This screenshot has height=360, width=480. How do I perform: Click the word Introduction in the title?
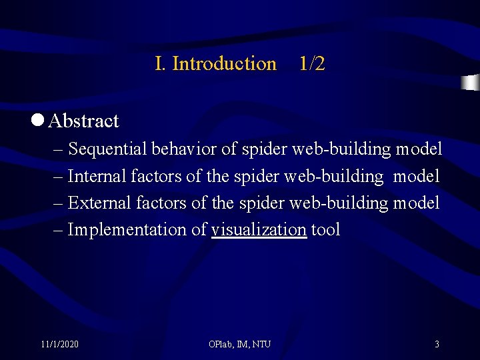click(x=224, y=64)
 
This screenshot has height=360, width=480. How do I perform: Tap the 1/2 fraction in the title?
click(x=312, y=64)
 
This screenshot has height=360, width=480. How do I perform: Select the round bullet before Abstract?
click(x=37, y=120)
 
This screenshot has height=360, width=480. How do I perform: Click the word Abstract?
click(x=84, y=121)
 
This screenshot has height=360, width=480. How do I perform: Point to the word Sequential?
click(x=108, y=149)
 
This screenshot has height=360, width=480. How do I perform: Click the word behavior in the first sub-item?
click(x=184, y=149)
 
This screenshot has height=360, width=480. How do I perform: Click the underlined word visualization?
click(x=259, y=230)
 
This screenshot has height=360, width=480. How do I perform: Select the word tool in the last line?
click(x=326, y=230)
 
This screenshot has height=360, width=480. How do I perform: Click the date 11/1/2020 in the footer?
click(x=59, y=345)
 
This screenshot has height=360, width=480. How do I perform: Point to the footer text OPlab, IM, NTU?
click(x=239, y=345)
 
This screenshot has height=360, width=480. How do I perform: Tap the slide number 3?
click(x=437, y=345)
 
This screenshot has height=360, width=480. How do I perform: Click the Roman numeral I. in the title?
click(x=160, y=64)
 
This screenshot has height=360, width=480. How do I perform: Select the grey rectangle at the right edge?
click(x=471, y=82)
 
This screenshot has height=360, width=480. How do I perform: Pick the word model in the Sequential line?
click(x=419, y=149)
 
